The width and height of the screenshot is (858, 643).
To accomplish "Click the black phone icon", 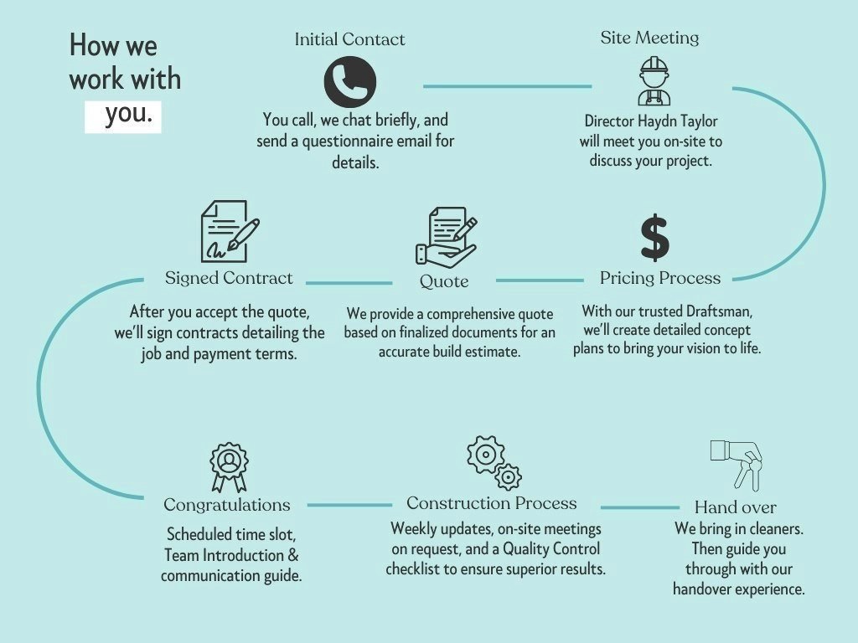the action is [349, 82].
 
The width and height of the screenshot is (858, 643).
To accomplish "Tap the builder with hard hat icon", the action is [654, 81].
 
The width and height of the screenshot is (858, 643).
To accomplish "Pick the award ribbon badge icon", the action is [229, 467].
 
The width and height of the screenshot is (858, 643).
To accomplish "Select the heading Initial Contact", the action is [349, 39].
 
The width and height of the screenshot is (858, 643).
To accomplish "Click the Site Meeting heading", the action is [649, 38].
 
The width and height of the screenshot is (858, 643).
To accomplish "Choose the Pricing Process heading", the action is [659, 278].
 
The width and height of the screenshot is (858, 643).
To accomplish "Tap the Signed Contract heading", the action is [229, 278].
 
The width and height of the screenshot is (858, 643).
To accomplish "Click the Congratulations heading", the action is [227, 505].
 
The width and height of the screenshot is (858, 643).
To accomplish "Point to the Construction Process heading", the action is [492, 503].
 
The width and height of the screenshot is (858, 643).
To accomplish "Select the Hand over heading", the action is [735, 507].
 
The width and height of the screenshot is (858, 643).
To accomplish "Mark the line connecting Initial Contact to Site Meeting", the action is [507, 86].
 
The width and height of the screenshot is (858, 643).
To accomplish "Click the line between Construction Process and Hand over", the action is [640, 507].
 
